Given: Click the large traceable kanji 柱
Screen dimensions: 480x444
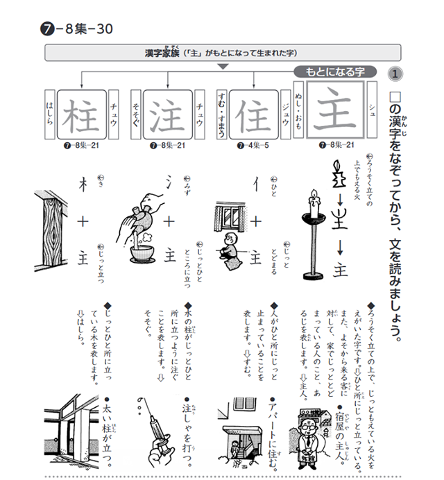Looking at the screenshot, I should click(82, 115).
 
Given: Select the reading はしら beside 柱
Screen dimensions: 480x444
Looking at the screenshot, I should click(49, 115).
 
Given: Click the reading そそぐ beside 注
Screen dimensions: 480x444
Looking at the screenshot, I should click(135, 115).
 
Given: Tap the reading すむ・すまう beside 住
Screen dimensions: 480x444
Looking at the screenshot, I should click(221, 115).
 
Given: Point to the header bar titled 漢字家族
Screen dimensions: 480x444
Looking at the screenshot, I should click(222, 52).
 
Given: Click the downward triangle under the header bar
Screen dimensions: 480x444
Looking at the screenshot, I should click(222, 67).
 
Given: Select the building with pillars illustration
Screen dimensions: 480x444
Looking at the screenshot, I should click(70, 430).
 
